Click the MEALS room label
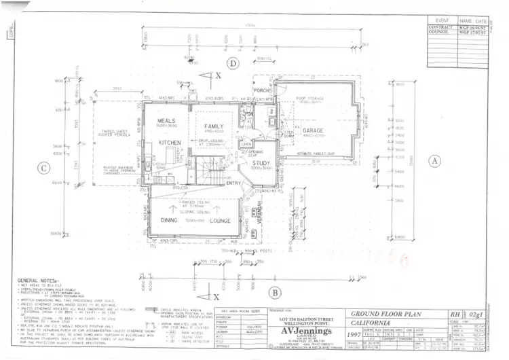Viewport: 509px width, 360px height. (166, 120)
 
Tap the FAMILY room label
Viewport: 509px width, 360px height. (214, 126)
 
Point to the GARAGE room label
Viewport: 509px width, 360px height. (313, 130)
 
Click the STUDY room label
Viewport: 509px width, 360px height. (261, 163)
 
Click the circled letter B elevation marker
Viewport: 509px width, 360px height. (275, 293)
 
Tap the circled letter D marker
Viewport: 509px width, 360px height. (233, 64)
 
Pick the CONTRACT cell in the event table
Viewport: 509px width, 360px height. (440, 27)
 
